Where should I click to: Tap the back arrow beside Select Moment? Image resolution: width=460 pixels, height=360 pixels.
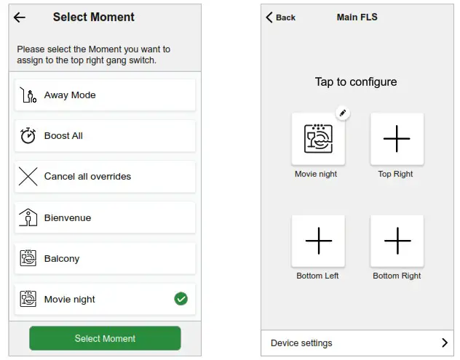pyautogui.click(x=20, y=17)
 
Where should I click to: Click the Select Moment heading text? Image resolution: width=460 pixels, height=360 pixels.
pyautogui.click(x=94, y=17)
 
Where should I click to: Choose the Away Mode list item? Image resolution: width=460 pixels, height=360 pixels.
pyautogui.click(x=105, y=95)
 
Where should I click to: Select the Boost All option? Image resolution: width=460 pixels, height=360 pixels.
pyautogui.click(x=105, y=136)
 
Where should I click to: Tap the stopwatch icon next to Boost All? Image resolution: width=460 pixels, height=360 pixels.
pyautogui.click(x=28, y=136)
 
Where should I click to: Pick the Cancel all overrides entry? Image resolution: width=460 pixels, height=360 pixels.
pyautogui.click(x=105, y=177)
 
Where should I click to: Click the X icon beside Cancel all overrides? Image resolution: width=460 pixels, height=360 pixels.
pyautogui.click(x=28, y=177)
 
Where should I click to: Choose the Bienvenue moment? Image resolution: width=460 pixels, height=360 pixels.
pyautogui.click(x=105, y=217)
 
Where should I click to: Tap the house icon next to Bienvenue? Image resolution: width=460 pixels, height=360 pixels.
pyautogui.click(x=28, y=217)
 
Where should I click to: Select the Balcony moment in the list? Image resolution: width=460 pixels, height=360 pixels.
pyautogui.click(x=105, y=258)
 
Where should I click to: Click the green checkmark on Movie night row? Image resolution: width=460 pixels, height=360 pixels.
pyautogui.click(x=181, y=299)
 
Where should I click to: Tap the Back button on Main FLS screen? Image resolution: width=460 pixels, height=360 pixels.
pyautogui.click(x=281, y=17)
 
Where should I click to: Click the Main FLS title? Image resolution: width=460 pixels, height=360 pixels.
pyautogui.click(x=357, y=17)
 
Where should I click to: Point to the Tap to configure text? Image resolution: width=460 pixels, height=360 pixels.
pyautogui.click(x=356, y=82)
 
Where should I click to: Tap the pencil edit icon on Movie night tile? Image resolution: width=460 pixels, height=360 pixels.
pyautogui.click(x=344, y=113)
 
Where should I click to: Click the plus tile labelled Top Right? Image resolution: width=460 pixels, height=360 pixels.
pyautogui.click(x=397, y=139)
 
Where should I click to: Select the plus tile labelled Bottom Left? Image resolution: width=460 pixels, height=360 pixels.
pyautogui.click(x=318, y=241)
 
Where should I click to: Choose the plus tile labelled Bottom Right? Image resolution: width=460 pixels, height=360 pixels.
pyautogui.click(x=397, y=241)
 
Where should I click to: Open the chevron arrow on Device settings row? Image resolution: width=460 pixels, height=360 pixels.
pyautogui.click(x=444, y=343)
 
